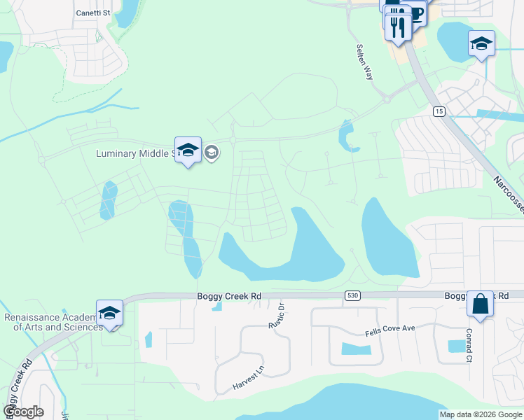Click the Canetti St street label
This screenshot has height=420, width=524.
tap(93, 13)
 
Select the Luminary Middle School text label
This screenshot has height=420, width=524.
tap(135, 153)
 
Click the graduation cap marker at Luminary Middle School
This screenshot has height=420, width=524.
tap(188, 150)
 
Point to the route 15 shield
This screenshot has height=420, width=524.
tap(439, 111)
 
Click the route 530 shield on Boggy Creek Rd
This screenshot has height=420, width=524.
tap(351, 297)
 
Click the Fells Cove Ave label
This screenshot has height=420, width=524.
tap(391, 329)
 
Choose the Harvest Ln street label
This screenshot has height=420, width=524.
tap(249, 378)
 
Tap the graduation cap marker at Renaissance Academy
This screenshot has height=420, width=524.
tap(109, 313)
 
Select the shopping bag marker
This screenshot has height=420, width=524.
tap(480, 304)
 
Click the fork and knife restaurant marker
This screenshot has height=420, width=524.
tap(398, 27)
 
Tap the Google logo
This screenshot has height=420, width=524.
tap(24, 412)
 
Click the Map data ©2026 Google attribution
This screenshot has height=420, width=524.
tap(480, 414)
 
